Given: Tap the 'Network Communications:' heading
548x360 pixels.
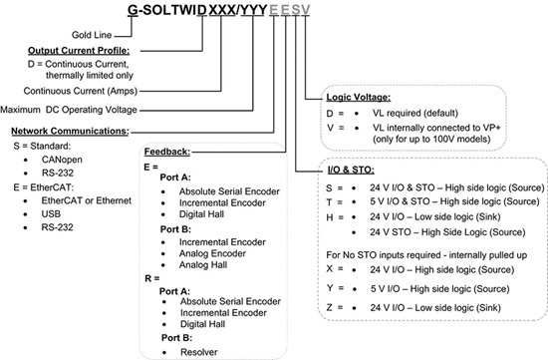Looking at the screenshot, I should pyautogui.click(x=69, y=130).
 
